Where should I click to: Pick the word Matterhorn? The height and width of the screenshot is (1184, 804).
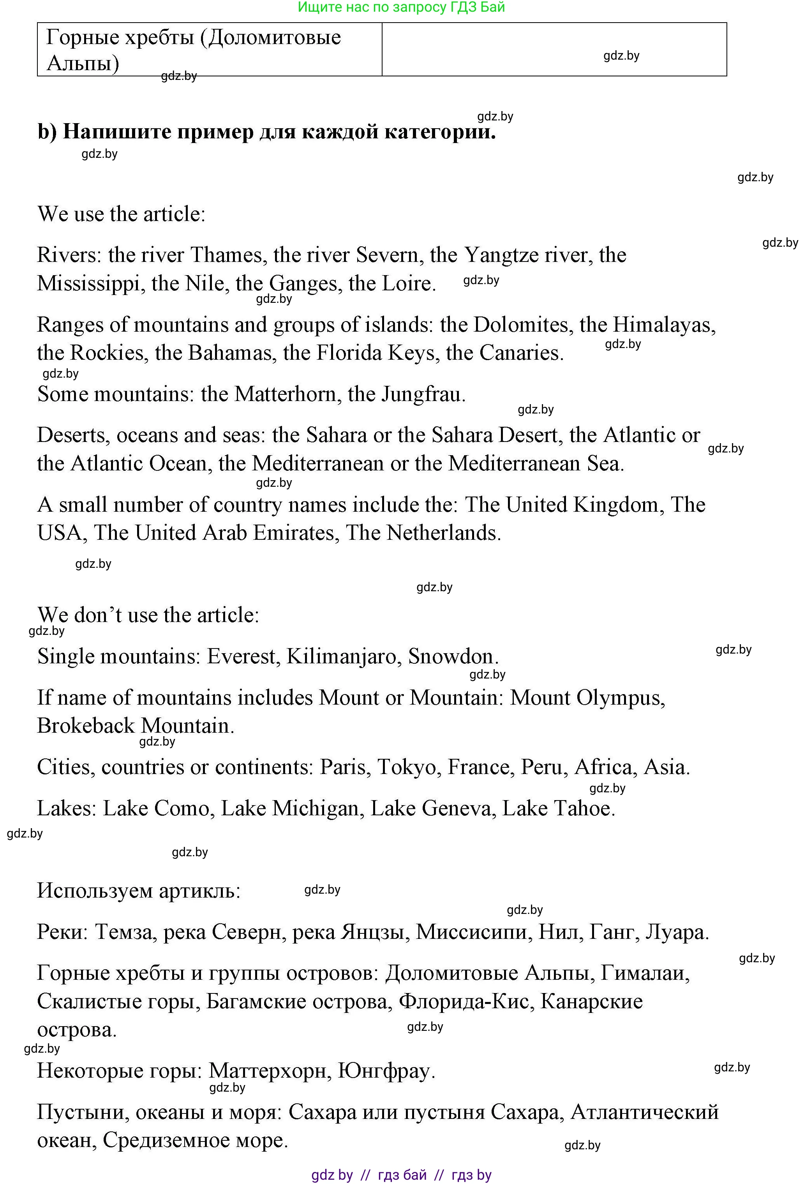click(x=287, y=394)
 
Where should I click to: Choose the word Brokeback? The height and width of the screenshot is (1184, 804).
click(x=86, y=725)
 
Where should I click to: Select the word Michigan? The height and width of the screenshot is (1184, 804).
click(x=316, y=809)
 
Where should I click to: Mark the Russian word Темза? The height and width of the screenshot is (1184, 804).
click(x=124, y=932)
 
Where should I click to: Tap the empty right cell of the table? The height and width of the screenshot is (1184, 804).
click(x=554, y=49)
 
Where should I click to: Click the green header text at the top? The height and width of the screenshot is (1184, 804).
click(x=401, y=7)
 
